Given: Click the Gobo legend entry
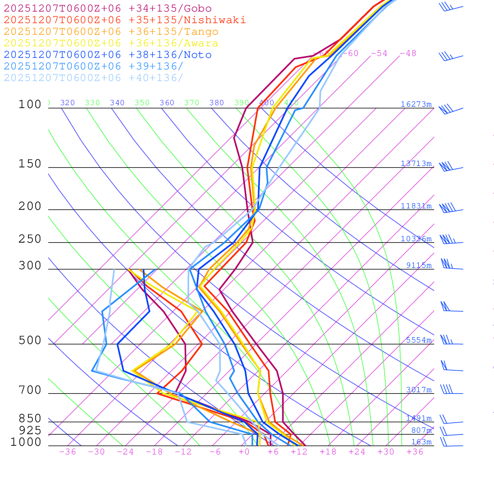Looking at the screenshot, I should pos(108,8).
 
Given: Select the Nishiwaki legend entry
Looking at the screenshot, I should pos(124,20).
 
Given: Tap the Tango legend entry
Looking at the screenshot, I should pos(111,32).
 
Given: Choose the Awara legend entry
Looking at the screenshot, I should pos(111,43).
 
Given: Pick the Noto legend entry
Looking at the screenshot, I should pos(108,55).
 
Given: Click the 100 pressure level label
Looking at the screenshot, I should pos(30,105).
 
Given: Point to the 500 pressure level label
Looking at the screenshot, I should pos(30,341).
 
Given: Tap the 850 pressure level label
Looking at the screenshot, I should pos(30,419).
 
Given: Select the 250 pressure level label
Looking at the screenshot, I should pos(30,239).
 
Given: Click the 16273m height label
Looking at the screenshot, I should pos(416,104).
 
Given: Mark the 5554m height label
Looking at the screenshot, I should pos(419,340).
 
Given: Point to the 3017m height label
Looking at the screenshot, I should pos(419,390).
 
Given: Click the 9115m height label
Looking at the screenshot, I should pos(419,265).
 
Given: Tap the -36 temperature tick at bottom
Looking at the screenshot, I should pos(67,452).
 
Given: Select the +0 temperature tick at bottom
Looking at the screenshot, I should pos(244,452).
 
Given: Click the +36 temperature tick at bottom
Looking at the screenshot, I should pos(415,452).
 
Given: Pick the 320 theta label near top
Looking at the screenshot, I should pos(68,103).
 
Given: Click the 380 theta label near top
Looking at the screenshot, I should pos(217,103).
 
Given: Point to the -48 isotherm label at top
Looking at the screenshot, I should pos(408,54).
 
